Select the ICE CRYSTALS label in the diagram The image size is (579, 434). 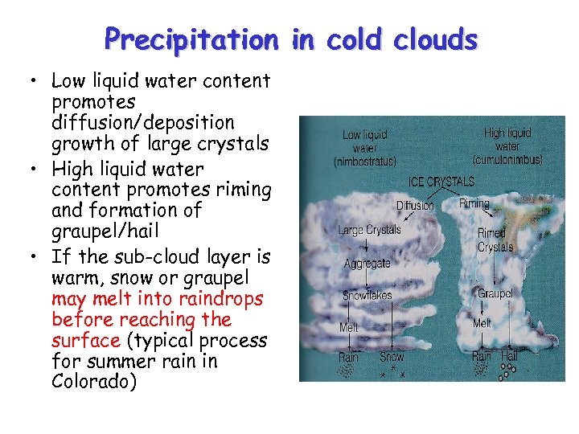click(x=441, y=182)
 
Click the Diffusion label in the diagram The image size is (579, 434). click(x=415, y=206)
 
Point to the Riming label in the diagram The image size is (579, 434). click(x=474, y=203)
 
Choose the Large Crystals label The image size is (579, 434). click(x=369, y=230)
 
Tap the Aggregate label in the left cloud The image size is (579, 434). click(x=367, y=264)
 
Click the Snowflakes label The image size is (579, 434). click(x=368, y=295)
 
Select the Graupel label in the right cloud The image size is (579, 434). click(x=495, y=294)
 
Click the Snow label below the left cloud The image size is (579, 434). click(x=392, y=356)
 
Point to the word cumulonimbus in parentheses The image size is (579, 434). click(x=507, y=159)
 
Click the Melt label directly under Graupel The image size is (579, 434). click(x=482, y=323)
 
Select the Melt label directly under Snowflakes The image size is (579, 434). click(x=348, y=328)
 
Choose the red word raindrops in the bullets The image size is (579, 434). click(x=222, y=298)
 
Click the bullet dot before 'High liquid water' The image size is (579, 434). click(x=34, y=170)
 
